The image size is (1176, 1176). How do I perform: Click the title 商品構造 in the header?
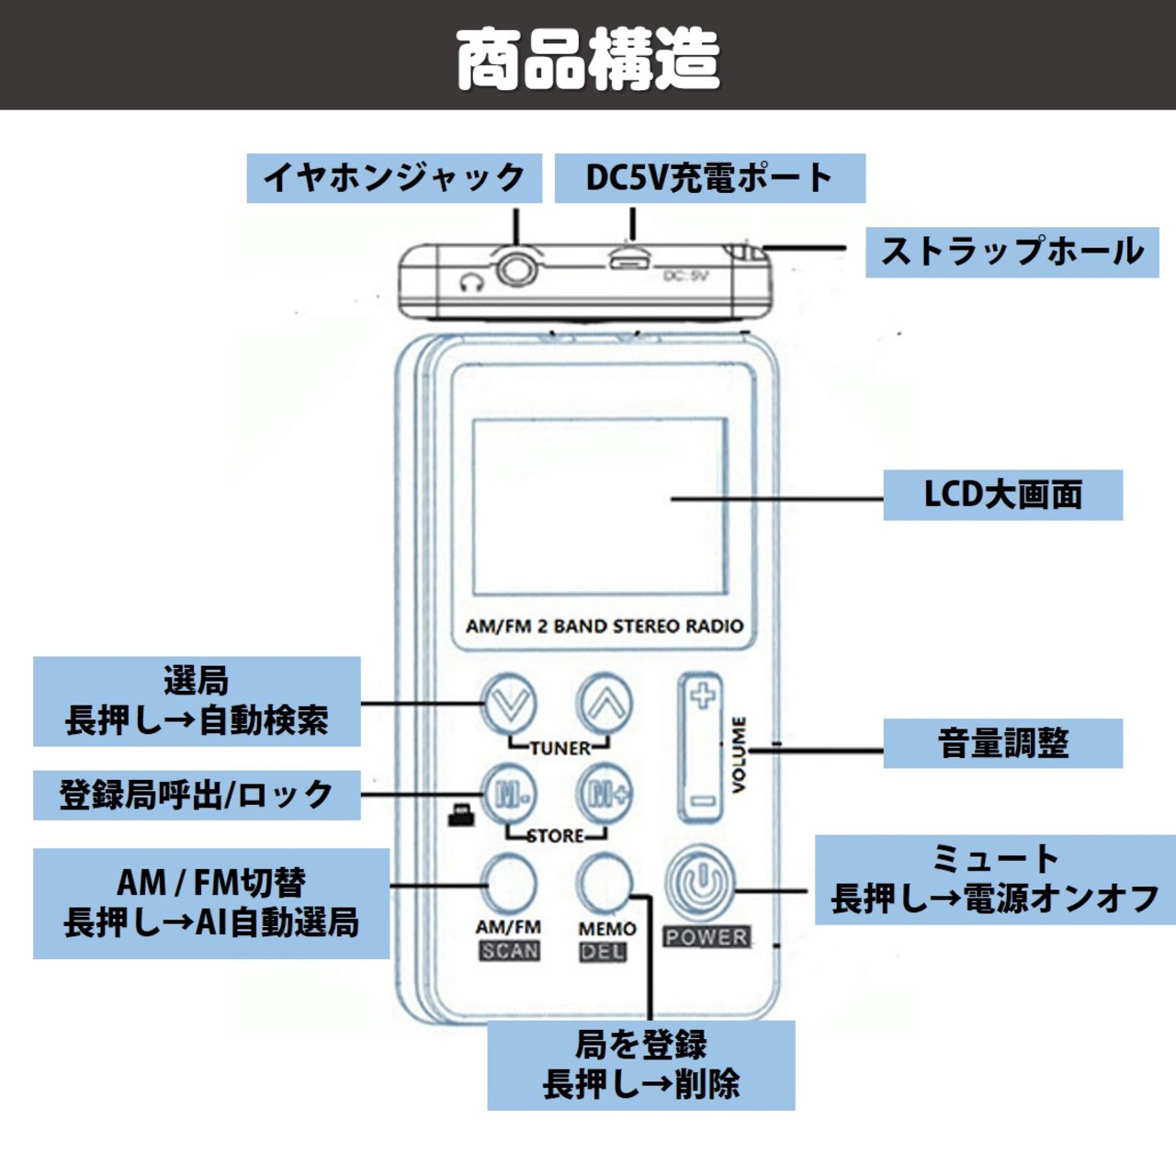588,57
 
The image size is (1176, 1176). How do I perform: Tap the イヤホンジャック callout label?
393,178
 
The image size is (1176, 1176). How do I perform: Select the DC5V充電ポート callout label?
709,178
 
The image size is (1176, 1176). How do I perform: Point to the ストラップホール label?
1012,252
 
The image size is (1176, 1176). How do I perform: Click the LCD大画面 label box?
1002,495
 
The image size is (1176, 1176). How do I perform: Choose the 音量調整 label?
1002,743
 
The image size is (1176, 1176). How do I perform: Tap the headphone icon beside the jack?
471,280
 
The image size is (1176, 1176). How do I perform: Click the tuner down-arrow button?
510,704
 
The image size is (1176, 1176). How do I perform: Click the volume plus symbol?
703,695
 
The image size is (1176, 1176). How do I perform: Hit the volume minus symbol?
703,801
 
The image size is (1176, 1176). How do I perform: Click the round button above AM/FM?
510,882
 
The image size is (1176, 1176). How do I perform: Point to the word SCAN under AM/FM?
510,951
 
